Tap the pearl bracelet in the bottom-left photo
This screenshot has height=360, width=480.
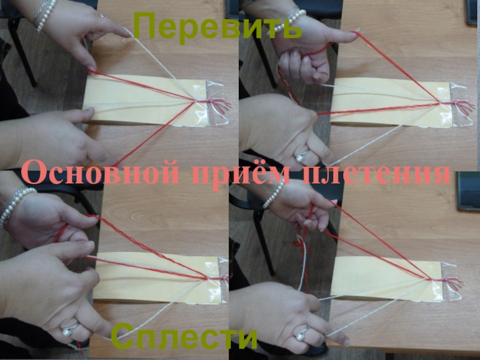[16, 205]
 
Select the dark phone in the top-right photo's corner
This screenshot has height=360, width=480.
[472, 11]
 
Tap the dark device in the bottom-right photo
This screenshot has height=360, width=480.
[469, 191]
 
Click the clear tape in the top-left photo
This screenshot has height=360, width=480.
[217, 103]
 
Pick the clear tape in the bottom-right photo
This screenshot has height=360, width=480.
[452, 280]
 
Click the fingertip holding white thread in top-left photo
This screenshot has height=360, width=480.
[125, 34]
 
